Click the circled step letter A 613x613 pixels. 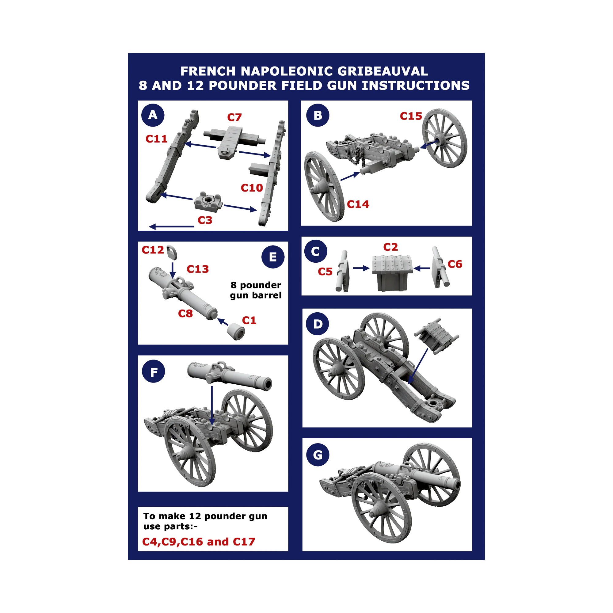pos(153,115)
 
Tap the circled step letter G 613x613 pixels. pos(318,455)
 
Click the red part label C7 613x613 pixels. pos(234,117)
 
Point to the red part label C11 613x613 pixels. pos(156,139)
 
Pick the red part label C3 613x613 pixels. pos(205,220)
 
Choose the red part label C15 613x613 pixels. pos(411,116)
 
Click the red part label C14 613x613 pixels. pos(358,204)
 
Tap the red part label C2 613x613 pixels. pos(390,247)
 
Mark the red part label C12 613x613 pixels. pos(153,250)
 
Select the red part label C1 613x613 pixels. pos(249,320)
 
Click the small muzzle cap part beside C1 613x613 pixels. pos(236,332)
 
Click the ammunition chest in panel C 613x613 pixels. pos(392,272)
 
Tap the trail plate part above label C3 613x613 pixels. pos(208,200)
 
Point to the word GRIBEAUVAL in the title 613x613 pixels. pos(382,71)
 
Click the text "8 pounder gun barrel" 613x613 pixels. pos(256,290)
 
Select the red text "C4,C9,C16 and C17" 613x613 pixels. pos(199,542)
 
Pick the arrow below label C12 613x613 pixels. pos(173,270)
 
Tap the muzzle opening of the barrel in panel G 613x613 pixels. pos(457,485)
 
